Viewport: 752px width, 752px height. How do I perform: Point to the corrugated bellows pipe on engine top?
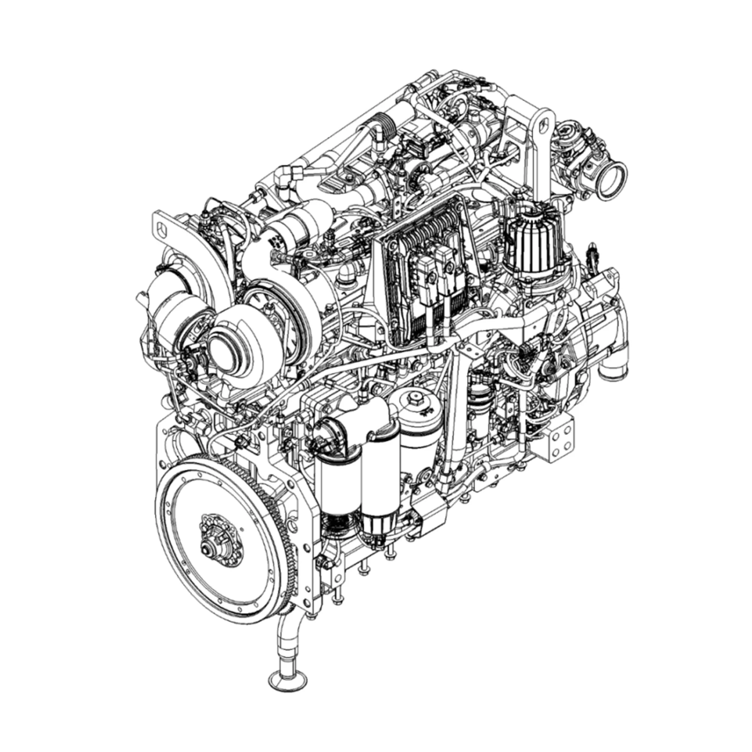386,127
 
